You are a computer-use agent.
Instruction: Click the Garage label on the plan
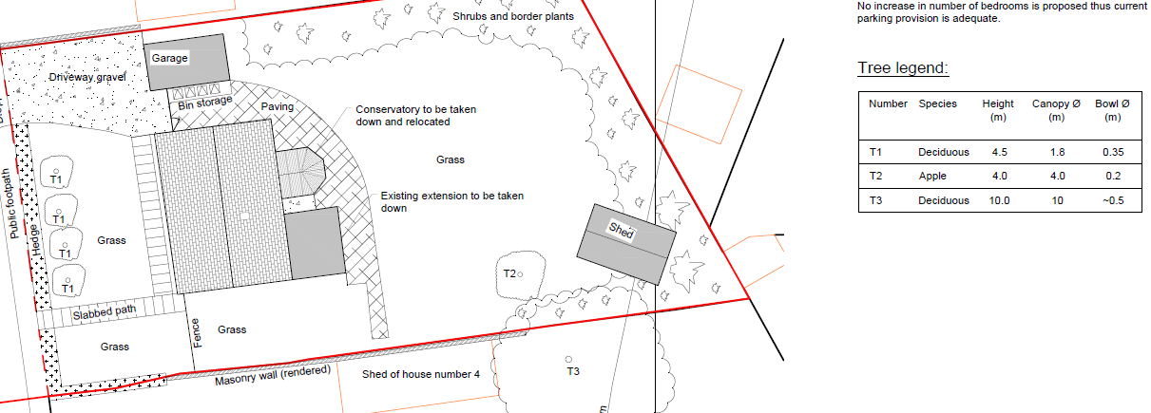[x=169, y=59]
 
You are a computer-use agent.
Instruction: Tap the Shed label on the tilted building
[x=622, y=231]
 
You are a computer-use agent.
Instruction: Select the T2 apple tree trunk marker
[x=520, y=274]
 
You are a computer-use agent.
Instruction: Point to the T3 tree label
[x=573, y=371]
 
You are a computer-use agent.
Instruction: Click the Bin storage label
[x=205, y=103]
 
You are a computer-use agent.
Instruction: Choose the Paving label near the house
[x=277, y=106]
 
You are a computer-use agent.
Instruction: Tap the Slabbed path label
[x=105, y=312]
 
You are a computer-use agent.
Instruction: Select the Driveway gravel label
[x=87, y=78]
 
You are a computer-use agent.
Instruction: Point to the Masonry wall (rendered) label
[x=273, y=376]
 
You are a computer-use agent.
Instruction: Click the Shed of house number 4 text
[x=421, y=374]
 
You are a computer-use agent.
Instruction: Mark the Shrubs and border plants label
[x=513, y=16]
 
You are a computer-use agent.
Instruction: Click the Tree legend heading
[x=903, y=67]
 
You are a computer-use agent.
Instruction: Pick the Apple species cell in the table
[x=932, y=176]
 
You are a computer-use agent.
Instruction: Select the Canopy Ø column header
[x=1056, y=110]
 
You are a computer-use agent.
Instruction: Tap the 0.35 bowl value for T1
[x=1113, y=152]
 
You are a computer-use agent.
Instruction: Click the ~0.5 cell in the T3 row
[x=1113, y=200]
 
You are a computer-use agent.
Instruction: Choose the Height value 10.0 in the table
[x=1000, y=200]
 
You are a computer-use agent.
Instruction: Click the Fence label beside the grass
[x=196, y=333]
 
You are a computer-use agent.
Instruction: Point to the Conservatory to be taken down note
[x=416, y=116]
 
